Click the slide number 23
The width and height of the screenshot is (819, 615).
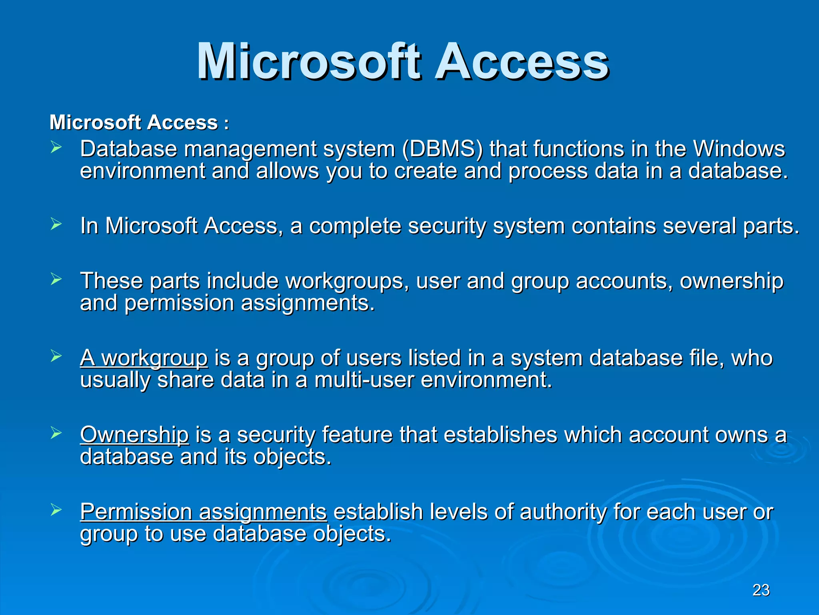click(761, 590)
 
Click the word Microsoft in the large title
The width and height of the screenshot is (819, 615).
click(308, 62)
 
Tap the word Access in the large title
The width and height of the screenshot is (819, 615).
click(521, 62)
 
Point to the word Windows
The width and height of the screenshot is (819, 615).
click(739, 149)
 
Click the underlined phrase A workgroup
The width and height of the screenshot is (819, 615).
click(144, 358)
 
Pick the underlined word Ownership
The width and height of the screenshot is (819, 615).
click(134, 435)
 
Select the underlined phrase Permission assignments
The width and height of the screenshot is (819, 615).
click(204, 512)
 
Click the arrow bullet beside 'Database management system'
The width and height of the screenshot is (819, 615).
click(56, 148)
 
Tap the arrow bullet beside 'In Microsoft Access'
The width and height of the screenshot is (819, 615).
click(56, 225)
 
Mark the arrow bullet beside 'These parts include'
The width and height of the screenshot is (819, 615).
click(56, 279)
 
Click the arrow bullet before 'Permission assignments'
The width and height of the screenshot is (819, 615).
click(56, 510)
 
